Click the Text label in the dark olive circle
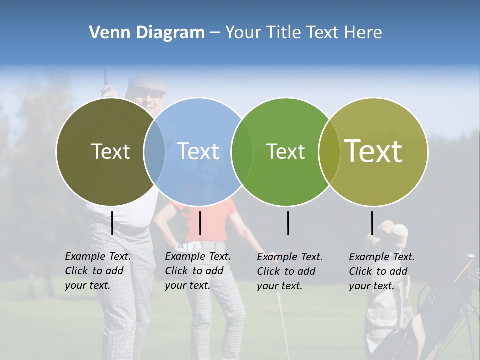tap(110, 151)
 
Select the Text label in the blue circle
tap(198, 151)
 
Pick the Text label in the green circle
tap(285, 151)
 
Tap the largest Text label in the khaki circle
tap(373, 151)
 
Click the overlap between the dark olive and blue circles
tap(154, 152)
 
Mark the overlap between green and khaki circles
tap(329, 152)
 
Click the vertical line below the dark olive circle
tap(112, 223)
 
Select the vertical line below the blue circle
tap(200, 223)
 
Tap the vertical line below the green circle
tap(288, 223)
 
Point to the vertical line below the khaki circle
tap(372, 223)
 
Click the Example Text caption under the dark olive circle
tap(97, 271)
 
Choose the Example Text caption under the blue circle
tap(197, 271)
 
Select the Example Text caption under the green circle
tap(289, 271)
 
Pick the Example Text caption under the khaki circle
tap(381, 271)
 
